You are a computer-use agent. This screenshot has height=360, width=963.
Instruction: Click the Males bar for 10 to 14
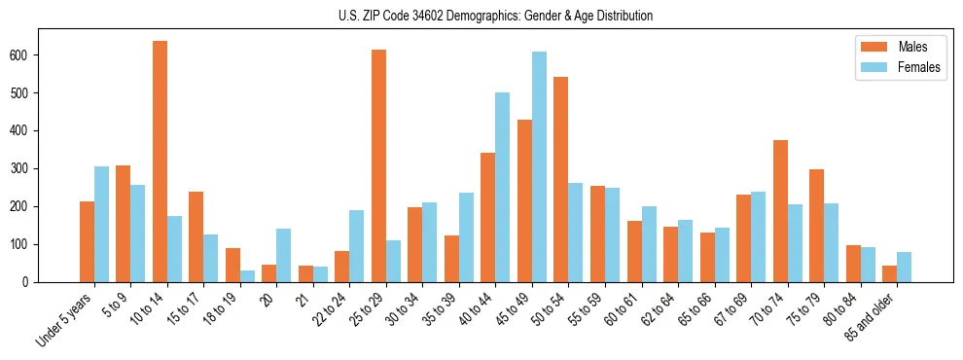coord(160,162)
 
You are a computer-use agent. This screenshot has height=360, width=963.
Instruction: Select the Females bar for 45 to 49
coord(539,166)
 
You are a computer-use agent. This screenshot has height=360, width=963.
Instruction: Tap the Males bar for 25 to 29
coord(378,165)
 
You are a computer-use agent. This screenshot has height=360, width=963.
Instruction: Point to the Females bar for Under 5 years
coord(101,224)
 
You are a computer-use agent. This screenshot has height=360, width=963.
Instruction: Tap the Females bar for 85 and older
coord(904,267)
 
